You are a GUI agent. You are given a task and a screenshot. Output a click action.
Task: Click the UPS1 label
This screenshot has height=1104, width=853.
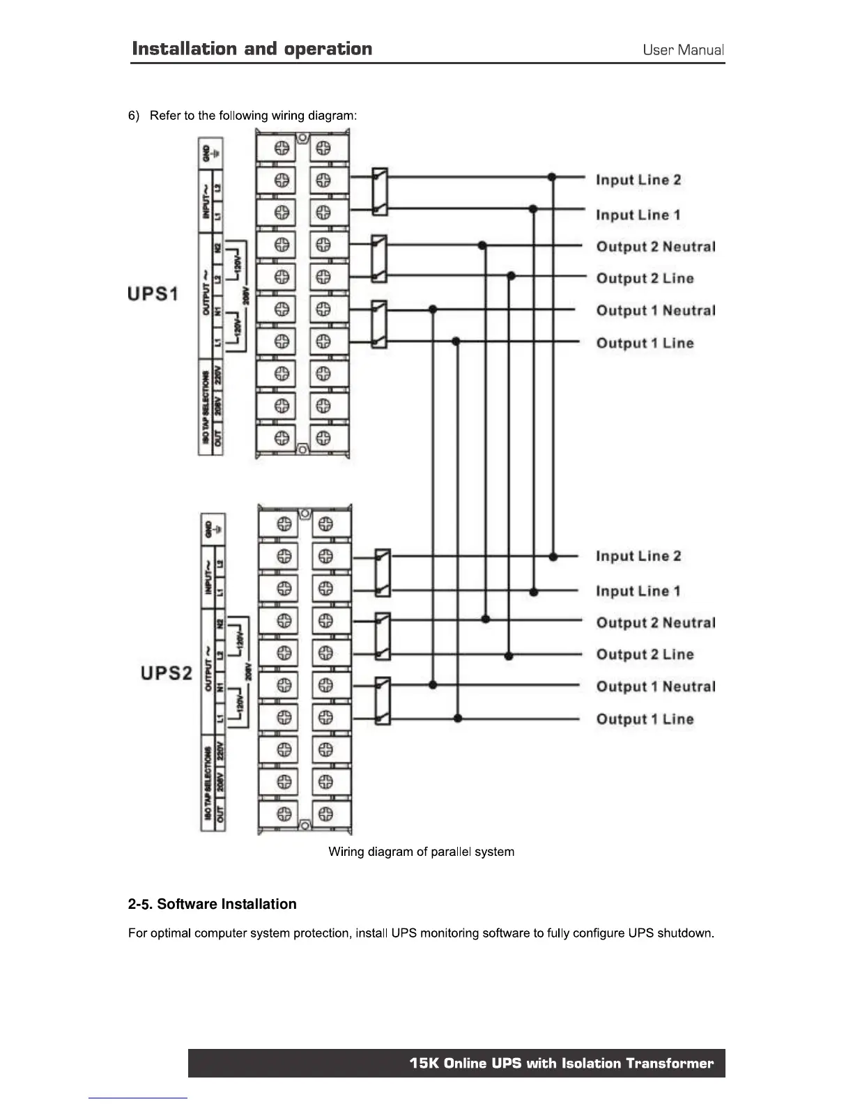(x=153, y=293)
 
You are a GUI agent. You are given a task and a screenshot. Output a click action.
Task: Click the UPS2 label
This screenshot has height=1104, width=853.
(x=166, y=673)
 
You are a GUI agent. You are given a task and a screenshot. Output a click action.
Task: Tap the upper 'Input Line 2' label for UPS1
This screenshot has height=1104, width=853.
(x=638, y=180)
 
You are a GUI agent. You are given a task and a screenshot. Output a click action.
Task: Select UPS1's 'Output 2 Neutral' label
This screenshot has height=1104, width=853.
(x=655, y=247)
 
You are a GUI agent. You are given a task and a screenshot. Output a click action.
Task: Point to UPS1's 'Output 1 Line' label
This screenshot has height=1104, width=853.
(x=645, y=343)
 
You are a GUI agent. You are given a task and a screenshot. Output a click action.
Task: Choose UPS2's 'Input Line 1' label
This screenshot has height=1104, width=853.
(x=638, y=591)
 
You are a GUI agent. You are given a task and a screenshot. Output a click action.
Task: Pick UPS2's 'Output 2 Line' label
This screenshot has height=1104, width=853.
(x=645, y=654)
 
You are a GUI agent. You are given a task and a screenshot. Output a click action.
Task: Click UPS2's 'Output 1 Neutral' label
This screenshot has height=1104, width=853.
(x=655, y=687)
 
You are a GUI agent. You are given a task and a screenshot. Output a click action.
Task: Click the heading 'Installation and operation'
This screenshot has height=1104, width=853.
(x=252, y=49)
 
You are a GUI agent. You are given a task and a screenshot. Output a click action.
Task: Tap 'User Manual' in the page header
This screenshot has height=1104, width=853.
(x=683, y=50)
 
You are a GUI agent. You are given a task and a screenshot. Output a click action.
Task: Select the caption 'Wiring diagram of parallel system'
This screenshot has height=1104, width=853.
(x=421, y=852)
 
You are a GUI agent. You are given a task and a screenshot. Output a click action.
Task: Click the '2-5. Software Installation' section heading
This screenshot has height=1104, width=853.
(x=212, y=904)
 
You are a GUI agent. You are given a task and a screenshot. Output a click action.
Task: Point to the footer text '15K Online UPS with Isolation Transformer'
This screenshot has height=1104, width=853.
(x=561, y=1063)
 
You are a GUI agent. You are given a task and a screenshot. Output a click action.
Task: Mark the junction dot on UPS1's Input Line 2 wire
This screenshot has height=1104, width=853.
(x=552, y=177)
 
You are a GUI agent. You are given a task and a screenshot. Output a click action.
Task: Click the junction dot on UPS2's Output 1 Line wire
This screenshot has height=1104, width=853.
(x=458, y=718)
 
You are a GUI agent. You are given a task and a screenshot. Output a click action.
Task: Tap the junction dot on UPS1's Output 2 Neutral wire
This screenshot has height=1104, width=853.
(x=482, y=245)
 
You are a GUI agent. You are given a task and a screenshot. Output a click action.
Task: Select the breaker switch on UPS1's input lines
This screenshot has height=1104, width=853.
(x=380, y=192)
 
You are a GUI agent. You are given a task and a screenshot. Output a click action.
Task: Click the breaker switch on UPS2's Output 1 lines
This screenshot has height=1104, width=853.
(x=383, y=700)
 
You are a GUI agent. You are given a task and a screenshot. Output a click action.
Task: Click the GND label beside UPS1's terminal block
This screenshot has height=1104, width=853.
(x=206, y=153)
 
